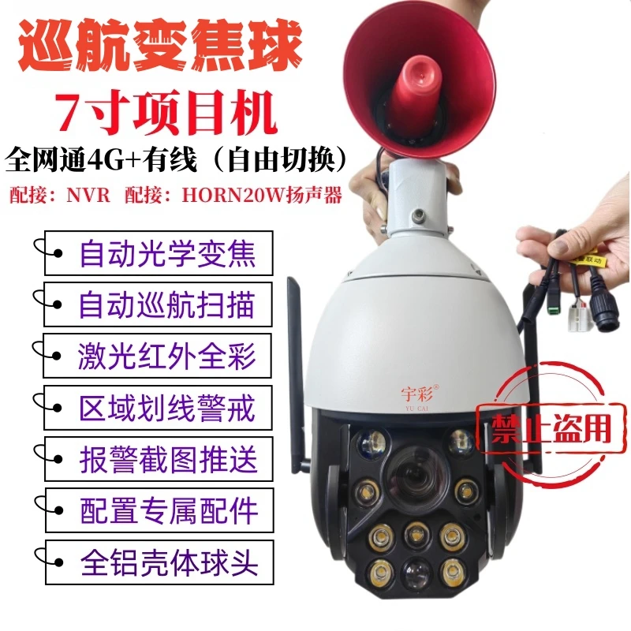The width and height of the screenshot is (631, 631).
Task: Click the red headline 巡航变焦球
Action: point(160,45)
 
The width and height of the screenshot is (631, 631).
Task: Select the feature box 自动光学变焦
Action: point(159,253)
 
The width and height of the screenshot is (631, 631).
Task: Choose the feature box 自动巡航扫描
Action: point(158,304)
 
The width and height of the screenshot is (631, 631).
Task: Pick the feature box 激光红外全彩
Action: point(157,356)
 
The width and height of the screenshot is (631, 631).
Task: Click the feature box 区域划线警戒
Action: point(159,408)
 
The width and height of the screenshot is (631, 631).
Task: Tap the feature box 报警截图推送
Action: point(159,459)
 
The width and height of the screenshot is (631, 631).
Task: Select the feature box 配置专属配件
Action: point(160,510)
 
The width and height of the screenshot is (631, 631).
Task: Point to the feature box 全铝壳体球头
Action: point(160,562)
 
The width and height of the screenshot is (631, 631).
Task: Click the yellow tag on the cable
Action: point(588,259)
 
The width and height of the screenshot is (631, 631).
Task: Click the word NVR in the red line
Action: point(88,195)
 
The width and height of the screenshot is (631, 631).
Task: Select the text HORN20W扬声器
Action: point(262,195)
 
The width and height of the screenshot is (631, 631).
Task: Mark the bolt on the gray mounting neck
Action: point(419,214)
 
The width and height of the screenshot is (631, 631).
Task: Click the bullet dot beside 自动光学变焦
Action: point(58,253)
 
